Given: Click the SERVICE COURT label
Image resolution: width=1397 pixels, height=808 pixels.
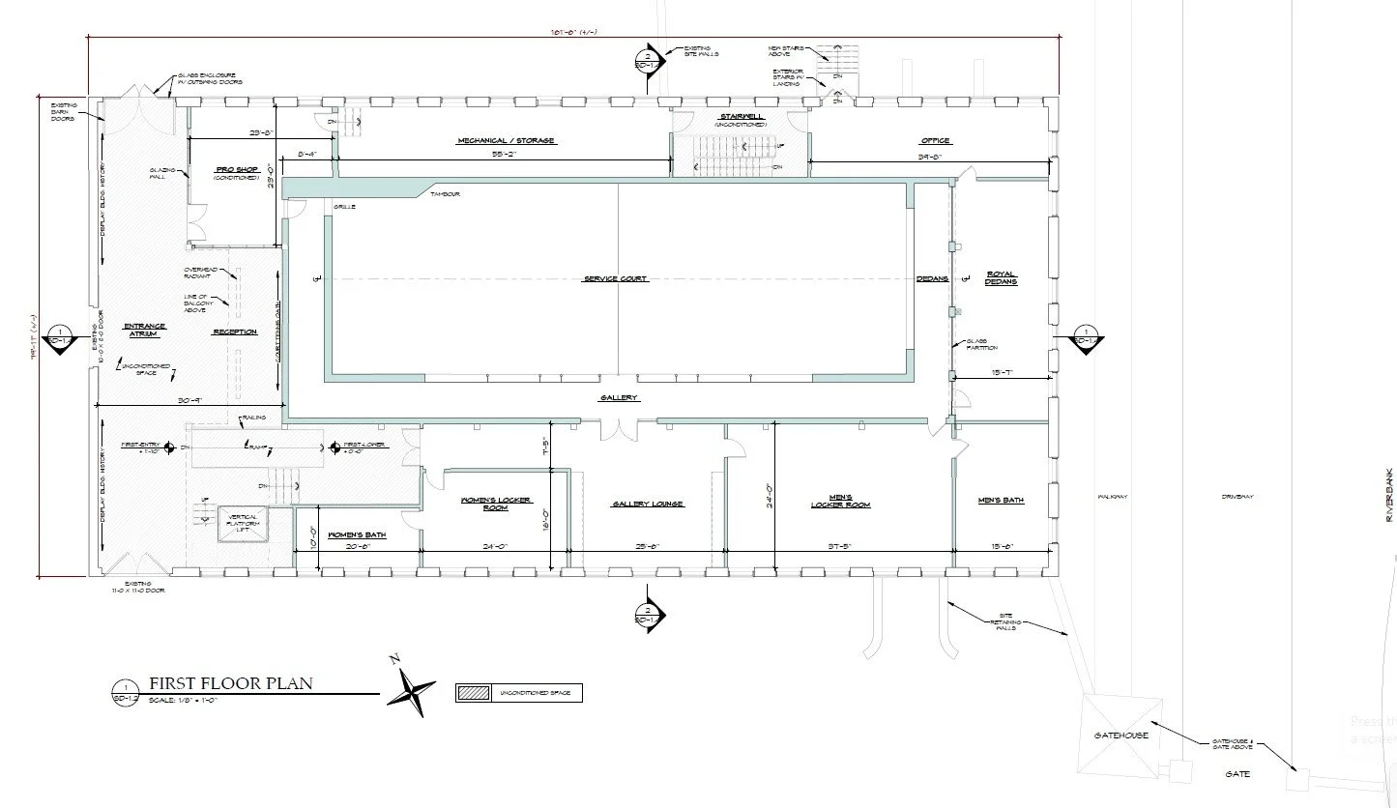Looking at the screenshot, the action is (615, 279).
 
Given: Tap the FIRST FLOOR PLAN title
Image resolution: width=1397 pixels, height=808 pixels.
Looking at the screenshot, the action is (230, 684).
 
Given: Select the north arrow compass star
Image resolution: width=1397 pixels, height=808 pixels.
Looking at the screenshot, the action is (414, 688).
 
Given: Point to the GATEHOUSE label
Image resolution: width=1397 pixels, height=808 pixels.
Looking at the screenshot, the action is (1121, 736).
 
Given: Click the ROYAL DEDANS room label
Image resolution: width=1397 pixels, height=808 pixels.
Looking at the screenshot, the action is (1001, 277).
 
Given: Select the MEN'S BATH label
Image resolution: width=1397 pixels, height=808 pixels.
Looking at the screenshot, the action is (1001, 501).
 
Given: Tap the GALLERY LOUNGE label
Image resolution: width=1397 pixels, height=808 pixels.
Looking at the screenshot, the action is (648, 505).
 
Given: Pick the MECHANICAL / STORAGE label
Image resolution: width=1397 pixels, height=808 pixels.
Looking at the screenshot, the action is (506, 141).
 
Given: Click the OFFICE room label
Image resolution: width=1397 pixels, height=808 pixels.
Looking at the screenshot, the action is (935, 141).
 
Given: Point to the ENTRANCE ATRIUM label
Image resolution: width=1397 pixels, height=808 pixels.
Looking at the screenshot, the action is (145, 330).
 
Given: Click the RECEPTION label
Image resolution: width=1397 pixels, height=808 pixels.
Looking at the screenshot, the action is (234, 332).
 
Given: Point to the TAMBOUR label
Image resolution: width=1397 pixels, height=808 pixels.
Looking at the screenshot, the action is (447, 195).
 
